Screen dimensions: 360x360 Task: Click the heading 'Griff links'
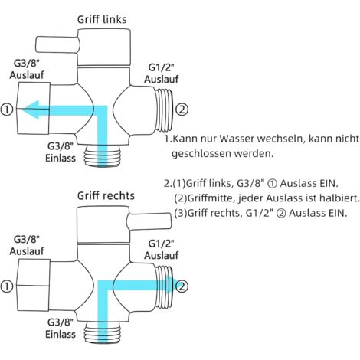click(x=102, y=19)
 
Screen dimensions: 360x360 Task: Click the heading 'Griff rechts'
click(x=106, y=196)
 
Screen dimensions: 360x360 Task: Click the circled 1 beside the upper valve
click(x=7, y=110)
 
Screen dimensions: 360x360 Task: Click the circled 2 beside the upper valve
click(x=182, y=110)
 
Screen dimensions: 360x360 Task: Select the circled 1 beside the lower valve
click(x=7, y=286)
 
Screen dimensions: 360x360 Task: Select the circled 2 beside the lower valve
click(x=182, y=286)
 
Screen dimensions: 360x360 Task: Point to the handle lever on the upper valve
click(x=57, y=45)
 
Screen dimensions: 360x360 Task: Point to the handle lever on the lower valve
click(x=149, y=221)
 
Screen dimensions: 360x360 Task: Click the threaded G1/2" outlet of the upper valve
click(x=165, y=110)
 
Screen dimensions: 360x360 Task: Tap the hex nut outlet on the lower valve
click(x=34, y=286)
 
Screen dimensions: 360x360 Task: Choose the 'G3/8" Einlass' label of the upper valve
click(x=61, y=152)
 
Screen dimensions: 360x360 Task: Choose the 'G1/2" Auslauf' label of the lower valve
click(x=162, y=250)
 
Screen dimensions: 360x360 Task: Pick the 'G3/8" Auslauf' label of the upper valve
click(x=27, y=69)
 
